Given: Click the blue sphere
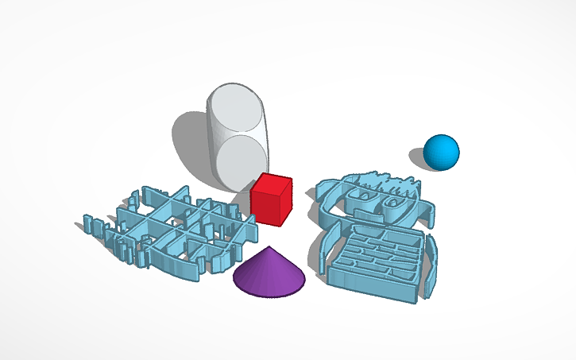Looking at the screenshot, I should (x=441, y=152).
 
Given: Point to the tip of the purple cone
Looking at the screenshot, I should (x=270, y=248).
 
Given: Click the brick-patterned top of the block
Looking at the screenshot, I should (x=377, y=252).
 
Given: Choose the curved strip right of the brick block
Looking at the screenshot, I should (x=431, y=266).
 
